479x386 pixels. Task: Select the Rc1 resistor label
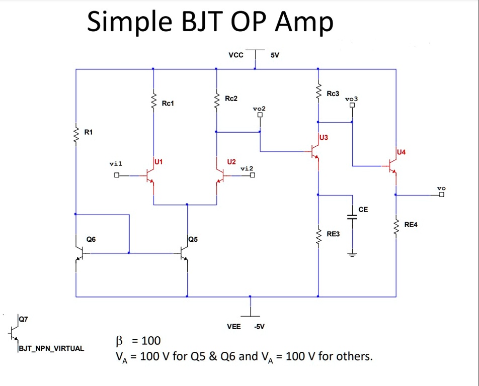click(168, 103)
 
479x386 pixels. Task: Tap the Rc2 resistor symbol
click(216, 102)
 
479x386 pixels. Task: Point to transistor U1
click(149, 176)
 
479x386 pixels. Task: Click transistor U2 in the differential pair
click(220, 176)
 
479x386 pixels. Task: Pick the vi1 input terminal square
click(116, 175)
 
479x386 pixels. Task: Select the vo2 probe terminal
click(260, 115)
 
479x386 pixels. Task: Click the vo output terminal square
click(442, 195)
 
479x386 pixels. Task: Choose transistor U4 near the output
click(393, 166)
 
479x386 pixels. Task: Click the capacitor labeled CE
click(352, 217)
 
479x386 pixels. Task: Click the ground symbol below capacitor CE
click(352, 254)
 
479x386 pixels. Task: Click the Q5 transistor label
click(193, 239)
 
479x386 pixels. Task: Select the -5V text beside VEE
click(259, 326)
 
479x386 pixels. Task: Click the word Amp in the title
click(304, 23)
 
